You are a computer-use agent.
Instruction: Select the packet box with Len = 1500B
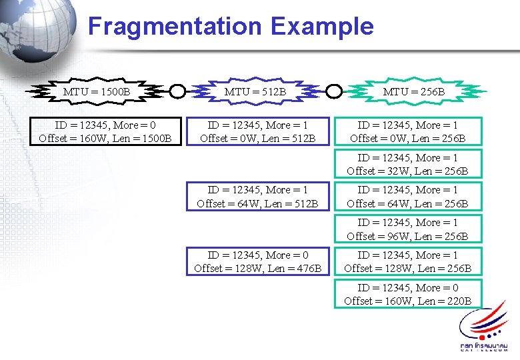[105, 132]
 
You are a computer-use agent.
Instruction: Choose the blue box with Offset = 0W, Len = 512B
[257, 132]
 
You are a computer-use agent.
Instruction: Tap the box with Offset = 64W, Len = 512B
[257, 197]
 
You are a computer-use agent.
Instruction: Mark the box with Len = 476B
[257, 261]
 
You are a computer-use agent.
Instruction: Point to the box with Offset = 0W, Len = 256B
[407, 132]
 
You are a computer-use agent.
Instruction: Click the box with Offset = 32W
[407, 165]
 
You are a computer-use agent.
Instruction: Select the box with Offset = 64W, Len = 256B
[407, 197]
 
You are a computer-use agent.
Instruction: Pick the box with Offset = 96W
[407, 229]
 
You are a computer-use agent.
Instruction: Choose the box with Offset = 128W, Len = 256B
[407, 261]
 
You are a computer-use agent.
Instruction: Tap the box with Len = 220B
[407, 294]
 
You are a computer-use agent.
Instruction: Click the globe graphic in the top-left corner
[37, 30]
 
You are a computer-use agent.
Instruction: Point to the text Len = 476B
[293, 268]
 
